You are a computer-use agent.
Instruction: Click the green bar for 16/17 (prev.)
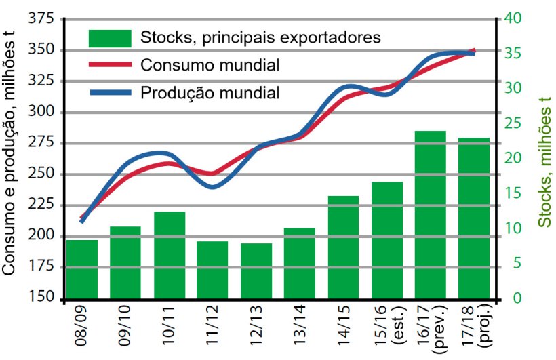click(x=430, y=214)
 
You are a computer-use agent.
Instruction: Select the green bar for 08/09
click(x=82, y=269)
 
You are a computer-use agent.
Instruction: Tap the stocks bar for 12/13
click(x=256, y=271)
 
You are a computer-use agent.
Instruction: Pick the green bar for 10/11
click(x=170, y=255)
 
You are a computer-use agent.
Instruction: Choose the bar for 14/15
click(x=343, y=247)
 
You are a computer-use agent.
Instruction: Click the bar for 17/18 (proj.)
click(x=474, y=218)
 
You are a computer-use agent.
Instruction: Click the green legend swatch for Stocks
click(x=109, y=38)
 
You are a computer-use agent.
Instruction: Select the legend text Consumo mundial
click(x=210, y=65)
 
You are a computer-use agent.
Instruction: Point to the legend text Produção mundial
click(x=210, y=92)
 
